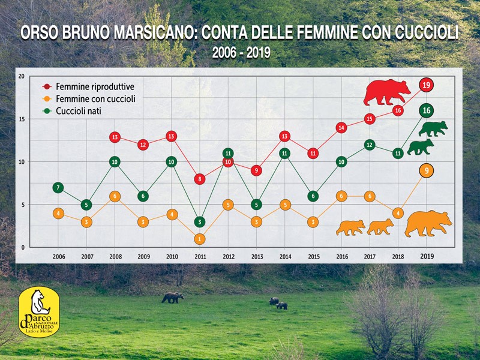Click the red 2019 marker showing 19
(427, 85)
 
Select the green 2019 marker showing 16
(427, 110)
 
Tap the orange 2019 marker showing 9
(427, 171)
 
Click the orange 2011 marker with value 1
(200, 239)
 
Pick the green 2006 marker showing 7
(58, 188)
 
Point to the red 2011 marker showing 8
(200, 179)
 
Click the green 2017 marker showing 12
(370, 145)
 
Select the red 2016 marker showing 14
(341, 128)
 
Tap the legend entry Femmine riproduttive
(94, 86)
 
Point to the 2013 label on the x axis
(257, 256)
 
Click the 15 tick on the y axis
(22, 119)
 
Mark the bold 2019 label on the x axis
(427, 256)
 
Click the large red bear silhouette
(387, 92)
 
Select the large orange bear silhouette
(428, 223)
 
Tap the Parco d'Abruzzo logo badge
(40, 312)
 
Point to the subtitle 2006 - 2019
(241, 53)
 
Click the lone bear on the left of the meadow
(173, 297)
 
